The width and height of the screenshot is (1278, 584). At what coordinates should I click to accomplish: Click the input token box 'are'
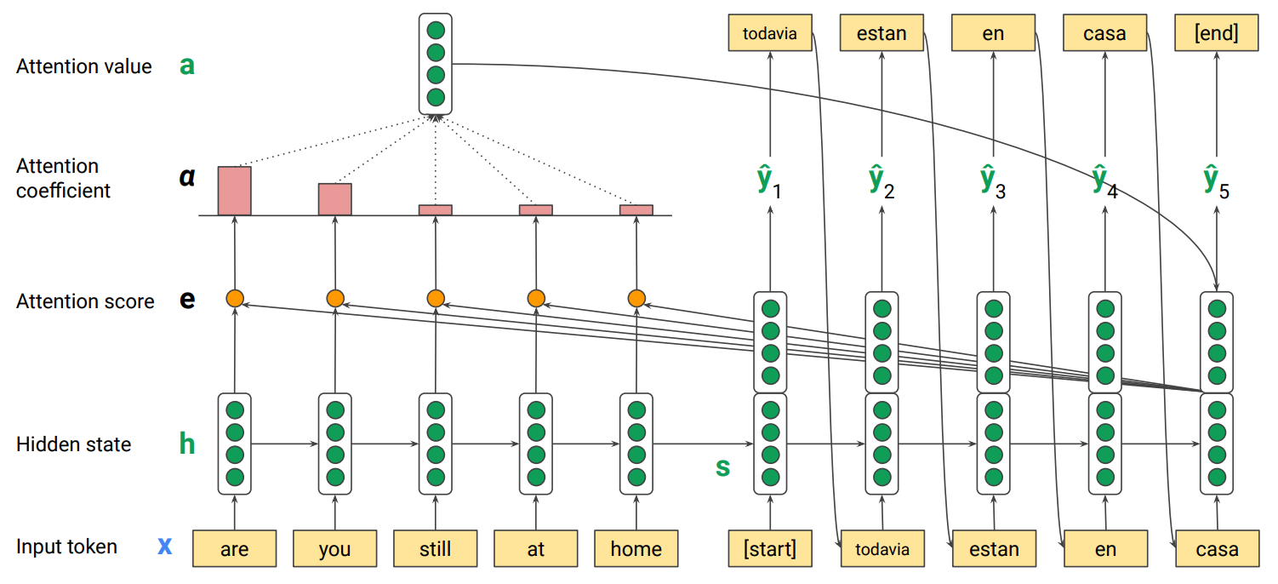234,549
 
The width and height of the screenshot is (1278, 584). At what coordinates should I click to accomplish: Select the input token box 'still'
435,549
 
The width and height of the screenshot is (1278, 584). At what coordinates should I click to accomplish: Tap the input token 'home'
636,549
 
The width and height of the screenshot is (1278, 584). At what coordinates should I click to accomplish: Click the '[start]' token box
770,549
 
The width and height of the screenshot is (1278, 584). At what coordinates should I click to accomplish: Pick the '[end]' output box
1216,34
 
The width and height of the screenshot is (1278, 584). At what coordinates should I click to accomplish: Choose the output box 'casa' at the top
1104,34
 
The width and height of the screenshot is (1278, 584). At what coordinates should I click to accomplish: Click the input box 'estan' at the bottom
993,549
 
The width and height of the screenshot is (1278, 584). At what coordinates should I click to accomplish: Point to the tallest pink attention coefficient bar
234,191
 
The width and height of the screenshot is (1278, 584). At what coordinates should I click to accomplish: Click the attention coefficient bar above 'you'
334,199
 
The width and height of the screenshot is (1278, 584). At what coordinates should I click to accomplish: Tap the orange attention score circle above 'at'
535,298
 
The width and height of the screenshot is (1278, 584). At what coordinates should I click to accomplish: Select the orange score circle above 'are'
235,298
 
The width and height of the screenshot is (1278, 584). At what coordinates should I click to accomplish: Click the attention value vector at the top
436,64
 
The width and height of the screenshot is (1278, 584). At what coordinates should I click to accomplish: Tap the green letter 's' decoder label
722,467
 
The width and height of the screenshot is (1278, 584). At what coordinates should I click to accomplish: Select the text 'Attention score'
85,301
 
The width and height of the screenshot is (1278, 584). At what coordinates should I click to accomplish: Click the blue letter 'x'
165,546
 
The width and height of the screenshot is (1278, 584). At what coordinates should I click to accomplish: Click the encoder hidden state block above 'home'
636,443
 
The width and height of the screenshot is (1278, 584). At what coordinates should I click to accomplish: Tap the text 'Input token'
66,547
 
